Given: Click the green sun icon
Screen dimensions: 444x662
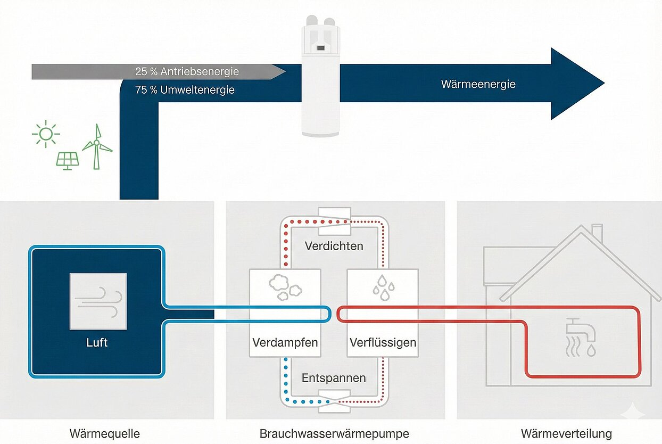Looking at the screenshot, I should [46, 134].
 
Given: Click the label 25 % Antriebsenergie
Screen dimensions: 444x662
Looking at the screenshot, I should [187, 71].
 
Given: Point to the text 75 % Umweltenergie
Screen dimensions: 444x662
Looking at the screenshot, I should [185, 90].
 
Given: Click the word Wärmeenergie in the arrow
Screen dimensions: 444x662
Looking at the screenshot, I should [478, 84].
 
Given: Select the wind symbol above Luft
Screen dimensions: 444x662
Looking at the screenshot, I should [98, 301].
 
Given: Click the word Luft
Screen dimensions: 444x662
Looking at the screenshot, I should [97, 342].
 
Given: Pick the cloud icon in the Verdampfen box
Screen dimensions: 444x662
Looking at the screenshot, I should [285, 286].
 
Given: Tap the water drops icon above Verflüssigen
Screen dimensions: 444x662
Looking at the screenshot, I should [383, 285].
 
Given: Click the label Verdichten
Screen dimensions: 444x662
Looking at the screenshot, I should [334, 246].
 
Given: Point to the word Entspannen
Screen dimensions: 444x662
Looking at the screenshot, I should [334, 378].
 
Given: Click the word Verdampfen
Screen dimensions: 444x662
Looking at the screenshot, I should [285, 342].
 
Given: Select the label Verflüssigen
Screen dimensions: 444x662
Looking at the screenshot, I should [383, 342].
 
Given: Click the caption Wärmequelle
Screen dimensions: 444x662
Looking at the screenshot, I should [105, 433].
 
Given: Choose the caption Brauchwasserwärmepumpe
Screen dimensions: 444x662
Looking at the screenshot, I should [334, 433].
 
